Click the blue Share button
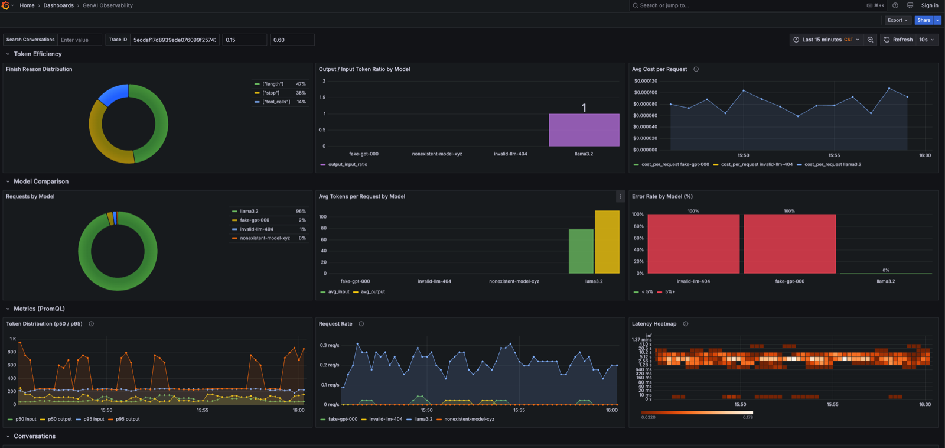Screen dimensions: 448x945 pos(923,20)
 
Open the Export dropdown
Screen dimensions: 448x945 pos(897,20)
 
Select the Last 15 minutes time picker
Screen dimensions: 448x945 pos(826,40)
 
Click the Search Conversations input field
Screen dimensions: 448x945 pos(79,40)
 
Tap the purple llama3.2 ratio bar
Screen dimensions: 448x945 pos(584,130)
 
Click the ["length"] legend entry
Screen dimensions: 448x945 pos(273,84)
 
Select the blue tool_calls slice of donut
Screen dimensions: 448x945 pos(114,94)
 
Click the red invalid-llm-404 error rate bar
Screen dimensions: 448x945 pos(693,244)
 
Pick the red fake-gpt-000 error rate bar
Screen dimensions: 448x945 pos(789,244)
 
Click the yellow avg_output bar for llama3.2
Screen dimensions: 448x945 pos(607,242)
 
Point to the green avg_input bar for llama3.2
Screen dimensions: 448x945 pos(581,251)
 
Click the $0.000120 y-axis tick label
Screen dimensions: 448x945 pos(645,81)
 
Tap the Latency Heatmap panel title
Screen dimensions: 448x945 pos(654,324)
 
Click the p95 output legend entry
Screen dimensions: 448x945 pos(128,419)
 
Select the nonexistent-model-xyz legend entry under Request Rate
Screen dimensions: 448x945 pos(469,419)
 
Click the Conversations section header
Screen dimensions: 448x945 pos(34,436)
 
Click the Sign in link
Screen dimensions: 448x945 pos(929,5)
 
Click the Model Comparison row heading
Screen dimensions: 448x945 pos(41,181)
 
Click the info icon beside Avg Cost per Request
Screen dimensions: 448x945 pos(696,69)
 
